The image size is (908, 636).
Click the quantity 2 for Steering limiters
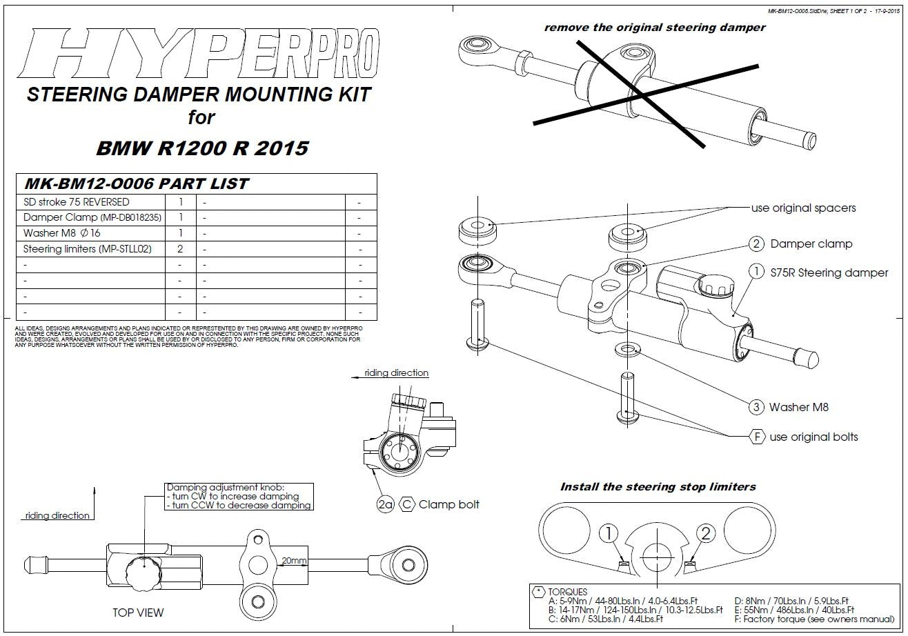pos(180,248)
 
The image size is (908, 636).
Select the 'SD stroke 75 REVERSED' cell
pos(76,202)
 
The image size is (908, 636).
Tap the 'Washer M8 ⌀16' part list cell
pos(62,233)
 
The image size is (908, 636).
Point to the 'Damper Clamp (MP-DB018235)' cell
pos(92,217)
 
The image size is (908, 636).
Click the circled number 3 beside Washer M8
pos(756,407)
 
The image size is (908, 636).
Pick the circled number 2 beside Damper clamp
pos(757,244)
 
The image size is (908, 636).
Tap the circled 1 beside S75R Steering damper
pos(757,272)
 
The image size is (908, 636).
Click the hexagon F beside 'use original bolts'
pos(757,437)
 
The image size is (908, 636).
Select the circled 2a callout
pos(386,504)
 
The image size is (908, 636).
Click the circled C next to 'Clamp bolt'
pos(407,504)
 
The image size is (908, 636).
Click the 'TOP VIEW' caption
pos(138,613)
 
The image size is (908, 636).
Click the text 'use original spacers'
pos(803,208)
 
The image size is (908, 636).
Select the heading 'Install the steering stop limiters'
pos(658,487)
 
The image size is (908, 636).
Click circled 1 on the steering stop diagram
pos(608,533)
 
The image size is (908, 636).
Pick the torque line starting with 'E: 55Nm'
pos(794,610)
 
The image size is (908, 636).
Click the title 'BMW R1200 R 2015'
pos(201,148)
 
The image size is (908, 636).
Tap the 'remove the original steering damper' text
pos(655,28)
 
